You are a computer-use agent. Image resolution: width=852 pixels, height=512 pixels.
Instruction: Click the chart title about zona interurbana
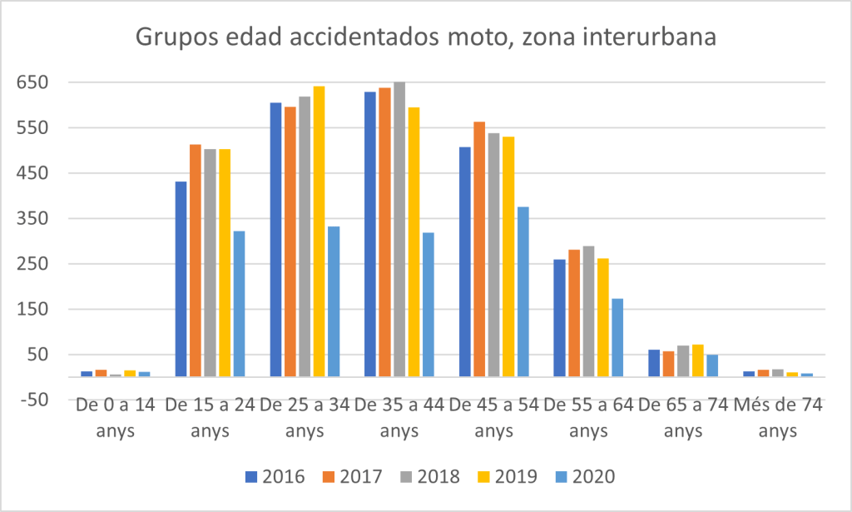(x=426, y=38)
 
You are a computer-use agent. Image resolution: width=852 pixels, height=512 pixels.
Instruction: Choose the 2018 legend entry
(x=428, y=477)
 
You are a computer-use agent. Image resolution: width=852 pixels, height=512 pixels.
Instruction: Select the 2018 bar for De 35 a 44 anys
(x=399, y=229)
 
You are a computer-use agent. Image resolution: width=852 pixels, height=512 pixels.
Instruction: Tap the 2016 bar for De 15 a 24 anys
(x=181, y=279)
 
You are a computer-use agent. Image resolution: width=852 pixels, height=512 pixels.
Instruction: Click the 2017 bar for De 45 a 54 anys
(x=479, y=249)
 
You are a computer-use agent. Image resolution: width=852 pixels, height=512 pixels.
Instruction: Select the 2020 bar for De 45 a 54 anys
(x=523, y=291)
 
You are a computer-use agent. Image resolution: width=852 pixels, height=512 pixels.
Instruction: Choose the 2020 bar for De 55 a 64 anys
(x=618, y=337)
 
